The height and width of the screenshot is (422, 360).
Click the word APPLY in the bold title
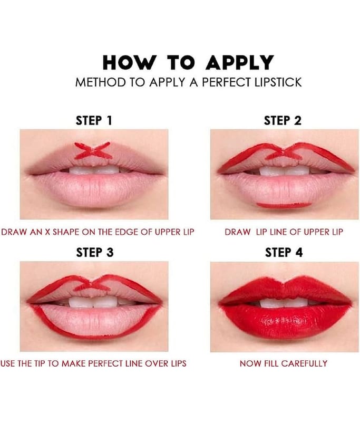tap(239, 63)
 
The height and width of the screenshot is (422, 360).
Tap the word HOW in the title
tap(129, 63)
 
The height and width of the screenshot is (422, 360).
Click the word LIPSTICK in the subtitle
tap(278, 82)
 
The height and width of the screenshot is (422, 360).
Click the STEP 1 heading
tap(94, 121)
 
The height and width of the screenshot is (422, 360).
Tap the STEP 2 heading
tap(283, 121)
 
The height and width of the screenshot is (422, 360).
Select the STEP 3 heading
tap(95, 253)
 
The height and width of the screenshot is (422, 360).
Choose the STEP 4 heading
tap(284, 253)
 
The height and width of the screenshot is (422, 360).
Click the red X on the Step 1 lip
tap(93, 150)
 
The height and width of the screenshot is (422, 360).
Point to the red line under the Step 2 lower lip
tap(284, 205)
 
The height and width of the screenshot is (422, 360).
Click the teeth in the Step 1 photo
tap(94, 170)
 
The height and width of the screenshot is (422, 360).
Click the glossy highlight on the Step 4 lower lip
tap(284, 320)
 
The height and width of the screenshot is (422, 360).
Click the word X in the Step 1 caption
tap(47, 232)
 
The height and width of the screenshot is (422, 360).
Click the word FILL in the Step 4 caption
tap(272, 363)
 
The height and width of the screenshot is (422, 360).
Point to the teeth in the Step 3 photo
tap(94, 302)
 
